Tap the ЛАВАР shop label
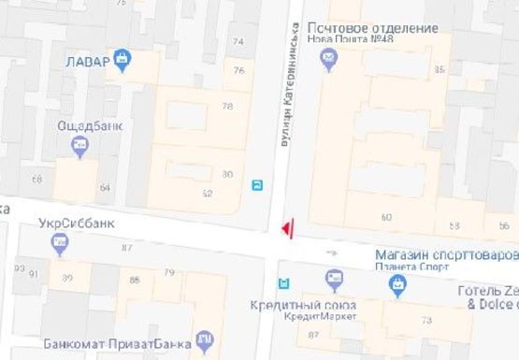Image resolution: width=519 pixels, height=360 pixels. (x=88, y=63)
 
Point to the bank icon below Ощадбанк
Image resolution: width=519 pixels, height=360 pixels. (x=79, y=147)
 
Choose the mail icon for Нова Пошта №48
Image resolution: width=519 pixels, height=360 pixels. (x=328, y=61)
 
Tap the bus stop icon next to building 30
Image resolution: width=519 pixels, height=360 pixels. (x=256, y=185)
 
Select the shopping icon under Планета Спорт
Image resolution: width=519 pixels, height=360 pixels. (x=398, y=283)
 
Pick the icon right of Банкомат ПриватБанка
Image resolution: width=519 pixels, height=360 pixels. (x=203, y=339)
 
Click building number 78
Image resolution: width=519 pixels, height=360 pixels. (x=227, y=107)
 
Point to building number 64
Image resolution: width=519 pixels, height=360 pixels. (x=104, y=188)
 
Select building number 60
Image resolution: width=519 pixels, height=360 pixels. (x=386, y=218)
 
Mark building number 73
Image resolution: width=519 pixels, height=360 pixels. (x=426, y=321)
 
